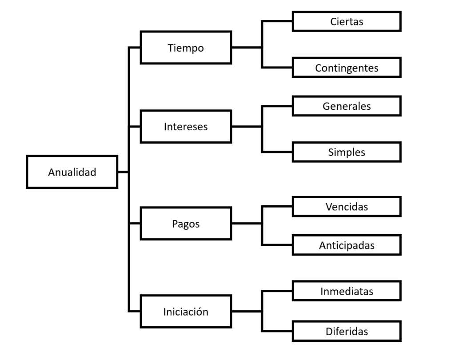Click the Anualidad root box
coord(72,172)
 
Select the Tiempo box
coord(186,47)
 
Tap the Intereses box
coord(186,126)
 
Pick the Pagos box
coord(186,223)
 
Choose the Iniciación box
coord(186,311)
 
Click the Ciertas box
coord(347,21)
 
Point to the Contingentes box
coord(347,68)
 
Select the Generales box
coord(347,106)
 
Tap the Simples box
coord(347,152)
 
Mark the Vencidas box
coord(347,206)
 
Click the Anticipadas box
coord(347,245)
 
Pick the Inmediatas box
coord(347,291)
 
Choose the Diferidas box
coord(347,331)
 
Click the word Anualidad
coord(72,172)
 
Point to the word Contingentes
coord(347,68)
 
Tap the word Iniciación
coord(186,312)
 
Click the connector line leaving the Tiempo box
coord(247,47)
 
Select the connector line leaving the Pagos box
coord(247,223)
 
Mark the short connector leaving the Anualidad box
coord(123,172)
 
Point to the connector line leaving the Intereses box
coord(247,126)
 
